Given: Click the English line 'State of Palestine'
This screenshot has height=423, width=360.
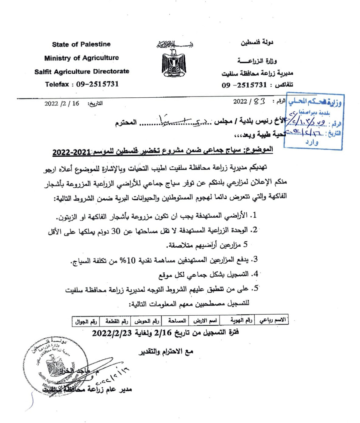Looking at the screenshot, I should [82, 44].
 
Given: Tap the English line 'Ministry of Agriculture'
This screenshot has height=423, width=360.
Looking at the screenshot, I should [82, 58].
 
